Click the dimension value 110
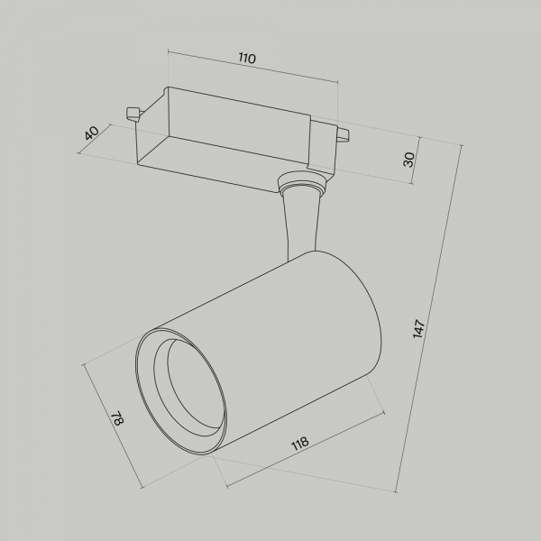[247, 59]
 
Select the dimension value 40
[91, 133]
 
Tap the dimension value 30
[408, 160]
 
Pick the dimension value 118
[300, 444]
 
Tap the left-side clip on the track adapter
[132, 113]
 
